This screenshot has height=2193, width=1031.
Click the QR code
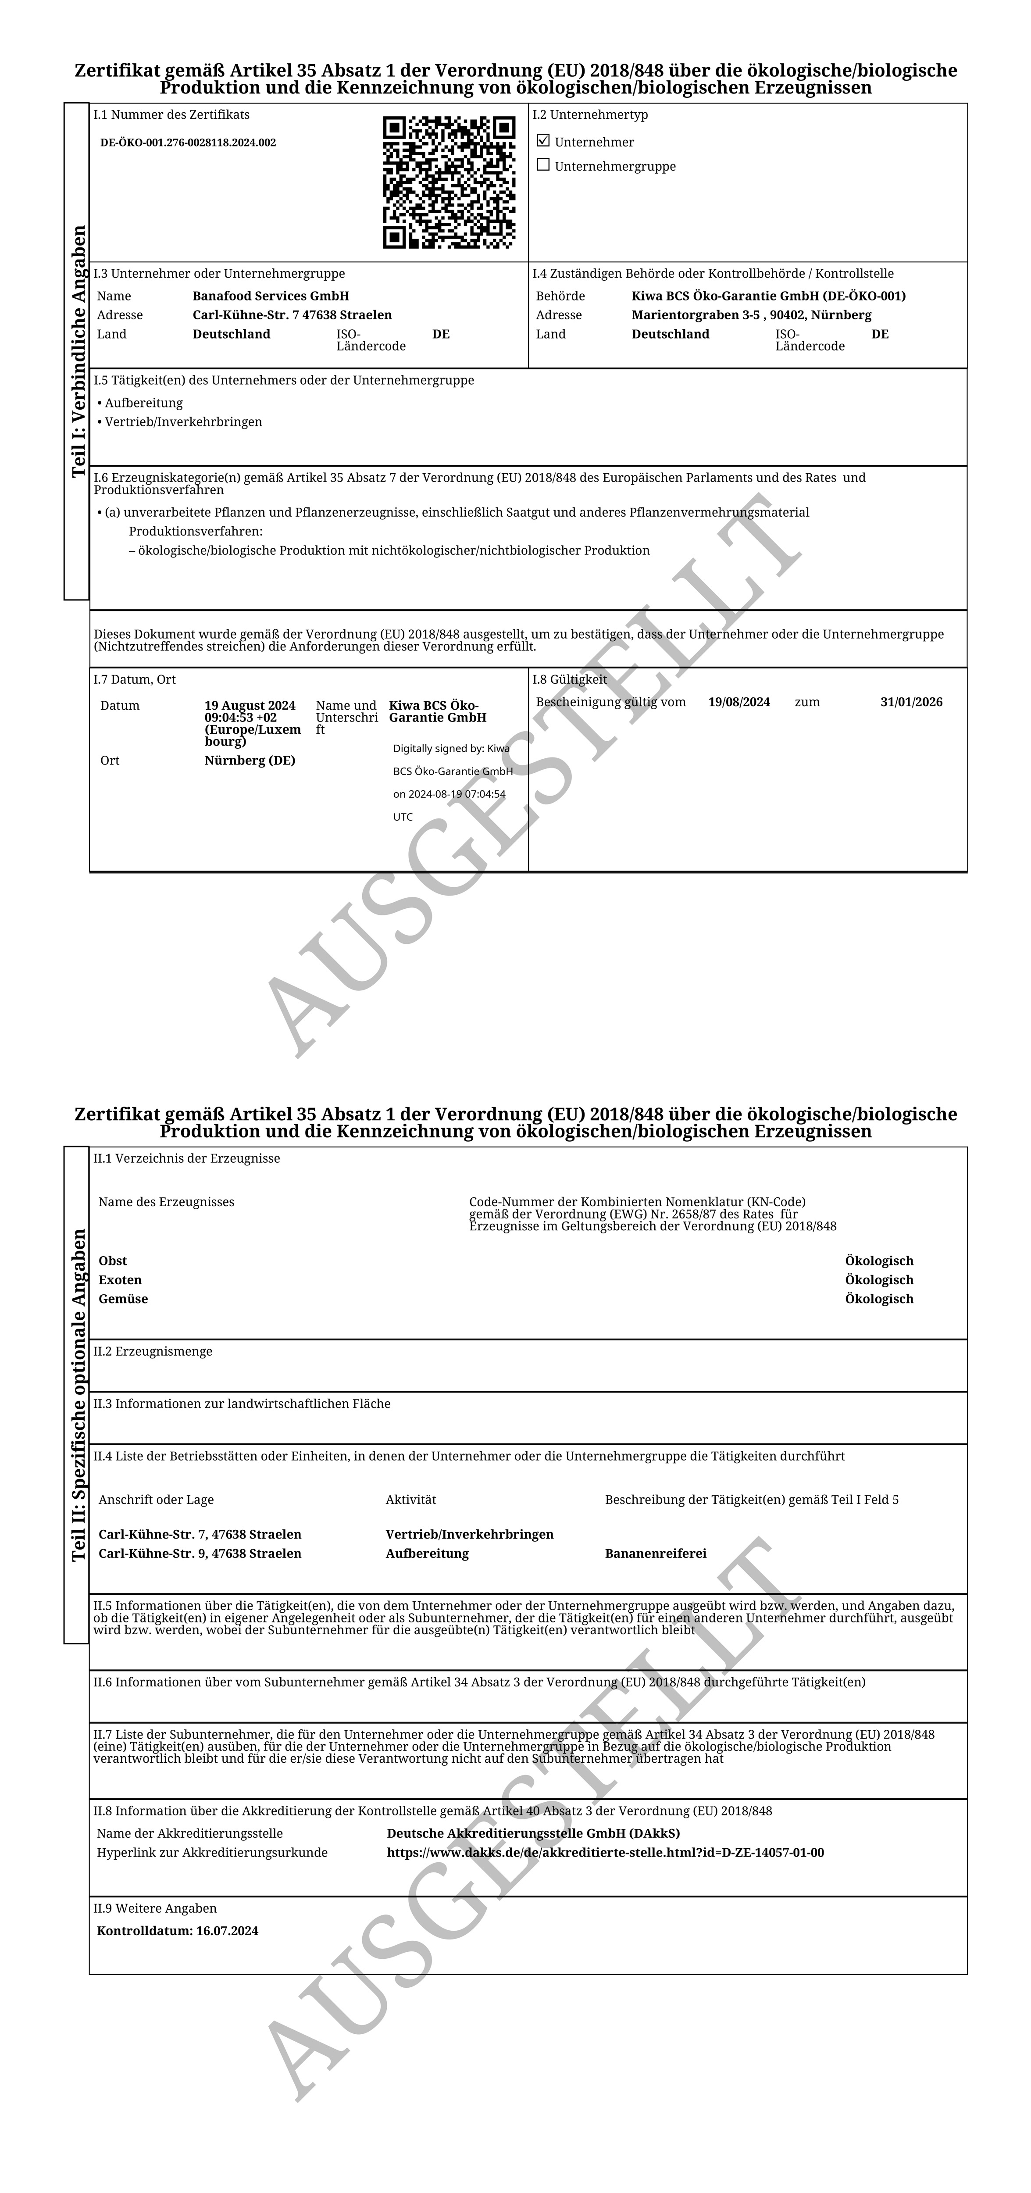(449, 182)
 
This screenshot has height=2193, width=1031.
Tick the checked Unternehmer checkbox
(543, 141)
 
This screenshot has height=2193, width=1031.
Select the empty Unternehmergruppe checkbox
(543, 165)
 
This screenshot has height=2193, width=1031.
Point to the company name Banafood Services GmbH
(271, 296)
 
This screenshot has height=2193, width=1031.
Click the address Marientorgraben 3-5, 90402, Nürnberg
(751, 315)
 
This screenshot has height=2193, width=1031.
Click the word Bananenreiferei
(656, 1554)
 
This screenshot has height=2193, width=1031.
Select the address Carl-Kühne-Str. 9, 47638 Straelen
(200, 1554)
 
